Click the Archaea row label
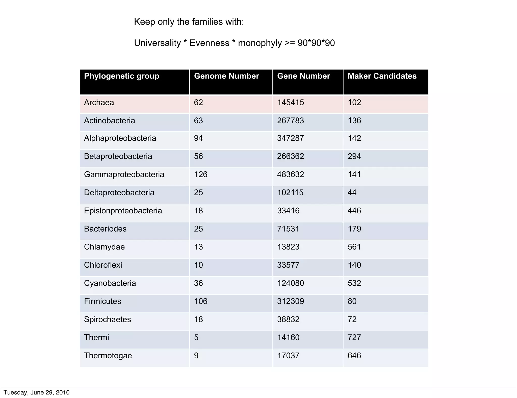[99, 103]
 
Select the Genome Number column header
[226, 76]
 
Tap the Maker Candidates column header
[382, 76]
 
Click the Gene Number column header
[303, 76]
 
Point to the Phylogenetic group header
[121, 76]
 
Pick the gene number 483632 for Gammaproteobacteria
[290, 175]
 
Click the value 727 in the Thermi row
[354, 338]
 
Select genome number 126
[200, 175]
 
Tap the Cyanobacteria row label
[110, 283]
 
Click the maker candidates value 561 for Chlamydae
[354, 247]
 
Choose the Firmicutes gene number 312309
[290, 302]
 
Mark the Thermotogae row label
[108, 356]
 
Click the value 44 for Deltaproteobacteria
[352, 193]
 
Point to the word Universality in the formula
[157, 43]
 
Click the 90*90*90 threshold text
[316, 43]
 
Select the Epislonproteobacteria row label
[123, 211]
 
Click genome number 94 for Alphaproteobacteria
[198, 138]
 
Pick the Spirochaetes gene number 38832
[288, 320]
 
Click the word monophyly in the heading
[260, 43]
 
